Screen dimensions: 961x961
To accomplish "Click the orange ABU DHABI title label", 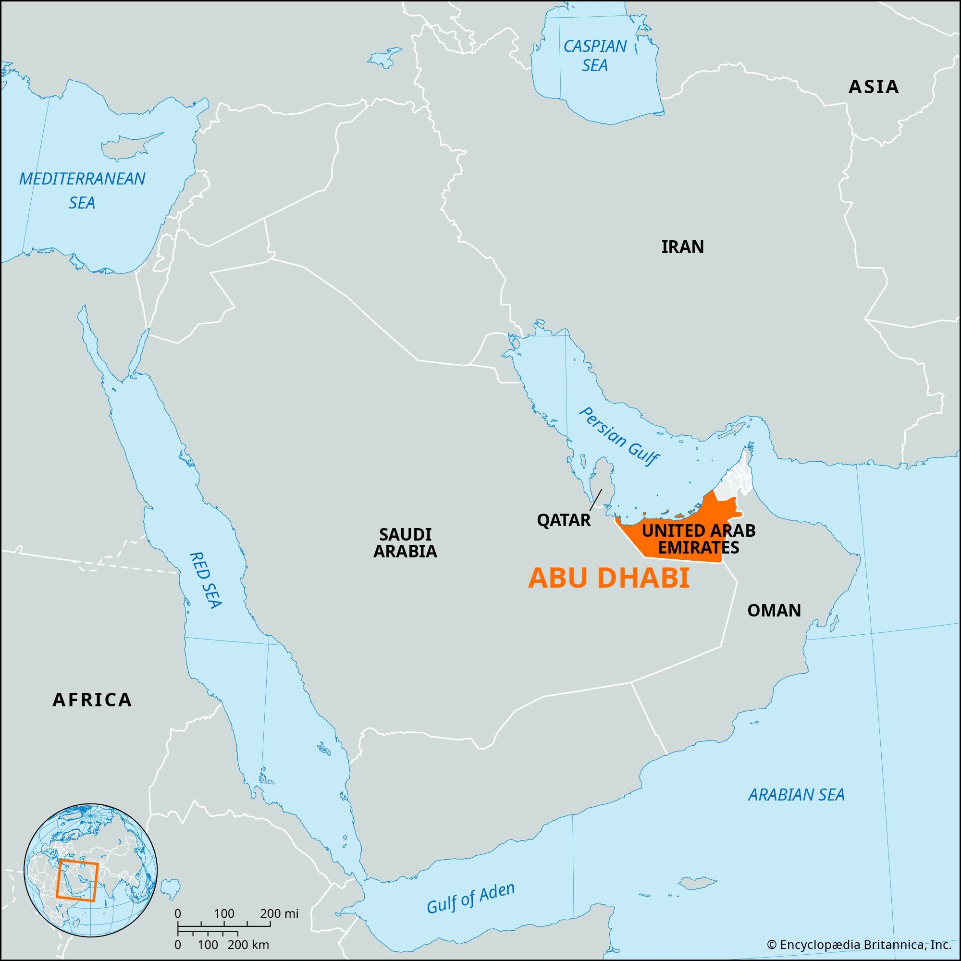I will coord(608,579).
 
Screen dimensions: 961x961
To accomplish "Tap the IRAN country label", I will coord(682,246).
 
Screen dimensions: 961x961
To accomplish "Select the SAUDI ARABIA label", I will coord(405,542).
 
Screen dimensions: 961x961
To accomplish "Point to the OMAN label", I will coord(774,610).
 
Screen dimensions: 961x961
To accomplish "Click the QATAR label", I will coord(564,520).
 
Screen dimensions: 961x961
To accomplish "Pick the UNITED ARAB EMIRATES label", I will coord(698,539).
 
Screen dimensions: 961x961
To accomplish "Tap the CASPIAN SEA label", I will coord(594,56).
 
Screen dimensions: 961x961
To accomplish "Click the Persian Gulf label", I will coord(619,437).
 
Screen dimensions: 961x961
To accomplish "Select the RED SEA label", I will coord(206,580).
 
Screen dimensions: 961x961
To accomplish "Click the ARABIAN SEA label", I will coord(796,794).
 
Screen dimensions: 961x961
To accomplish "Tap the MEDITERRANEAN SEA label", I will coord(82,190).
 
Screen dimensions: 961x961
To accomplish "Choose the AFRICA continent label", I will coord(92,700).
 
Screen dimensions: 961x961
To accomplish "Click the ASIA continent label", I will coord(873,87).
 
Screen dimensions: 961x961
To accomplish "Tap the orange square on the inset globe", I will coord(77,887).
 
